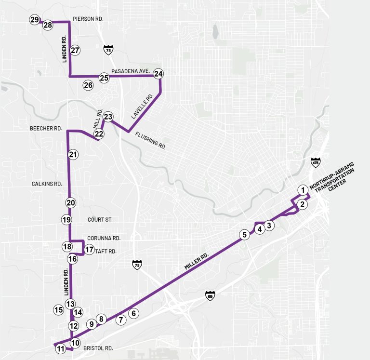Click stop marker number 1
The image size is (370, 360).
pos(303,189)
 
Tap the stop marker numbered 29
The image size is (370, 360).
pos(34,20)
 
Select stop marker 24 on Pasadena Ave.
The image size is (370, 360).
pos(159,74)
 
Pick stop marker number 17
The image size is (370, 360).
pos(89,250)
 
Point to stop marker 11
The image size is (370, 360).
pos(61,349)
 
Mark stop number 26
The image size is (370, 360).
pos(88,85)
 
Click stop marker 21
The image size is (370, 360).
pos(73,155)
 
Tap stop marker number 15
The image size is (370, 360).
pos(59,310)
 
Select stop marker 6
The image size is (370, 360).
pos(134,313)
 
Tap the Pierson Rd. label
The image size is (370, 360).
pos(88,19)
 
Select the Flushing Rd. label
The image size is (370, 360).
pos(150,140)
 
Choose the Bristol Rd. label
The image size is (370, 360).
pos(98,348)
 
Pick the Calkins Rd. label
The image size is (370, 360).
pos(47,184)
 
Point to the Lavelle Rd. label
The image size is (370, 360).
pos(142,107)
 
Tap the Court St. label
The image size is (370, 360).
pos(100,220)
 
